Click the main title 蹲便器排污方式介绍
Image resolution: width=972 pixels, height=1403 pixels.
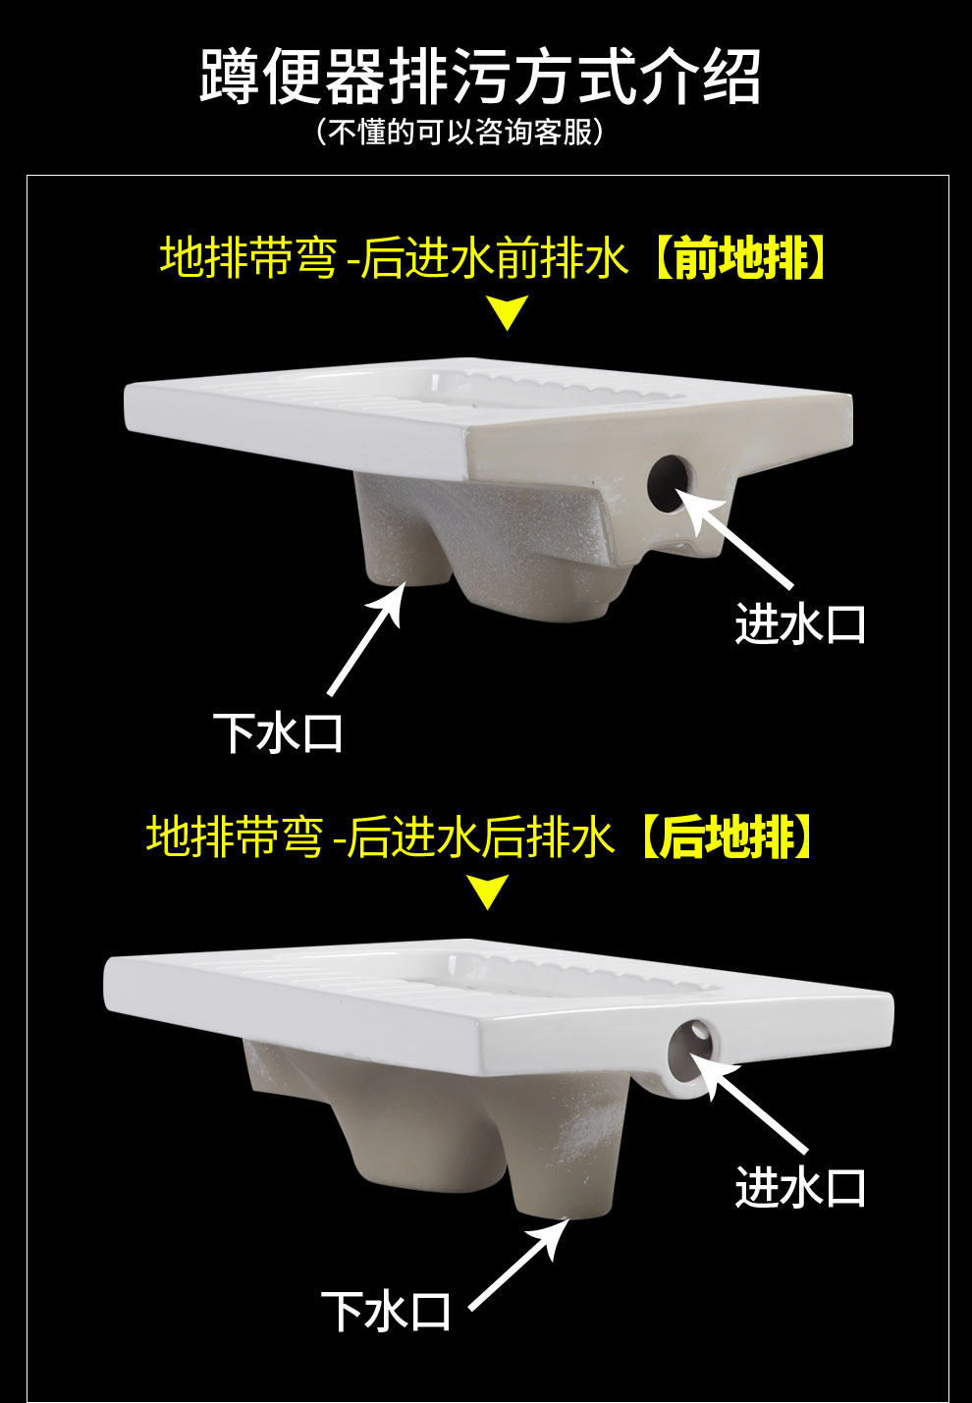pos(480,77)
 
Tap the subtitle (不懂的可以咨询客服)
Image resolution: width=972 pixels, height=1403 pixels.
pos(459,132)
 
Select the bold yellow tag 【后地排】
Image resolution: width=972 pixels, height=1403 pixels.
pos(727,837)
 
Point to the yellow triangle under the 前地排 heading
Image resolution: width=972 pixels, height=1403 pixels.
pos(508,314)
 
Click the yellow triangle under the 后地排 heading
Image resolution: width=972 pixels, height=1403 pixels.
pos(488,892)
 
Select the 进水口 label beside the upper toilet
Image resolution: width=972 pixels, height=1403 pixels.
pos(800,624)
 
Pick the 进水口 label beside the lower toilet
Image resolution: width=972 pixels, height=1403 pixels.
pos(800,1188)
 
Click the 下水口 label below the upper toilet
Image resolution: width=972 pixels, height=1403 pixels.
pos(278,733)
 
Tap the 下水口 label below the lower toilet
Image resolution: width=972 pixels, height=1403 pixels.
pos(386,1312)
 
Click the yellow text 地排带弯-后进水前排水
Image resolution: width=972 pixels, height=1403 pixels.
pos(394,258)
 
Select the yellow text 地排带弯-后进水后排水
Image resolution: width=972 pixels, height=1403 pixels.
pos(380,837)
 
